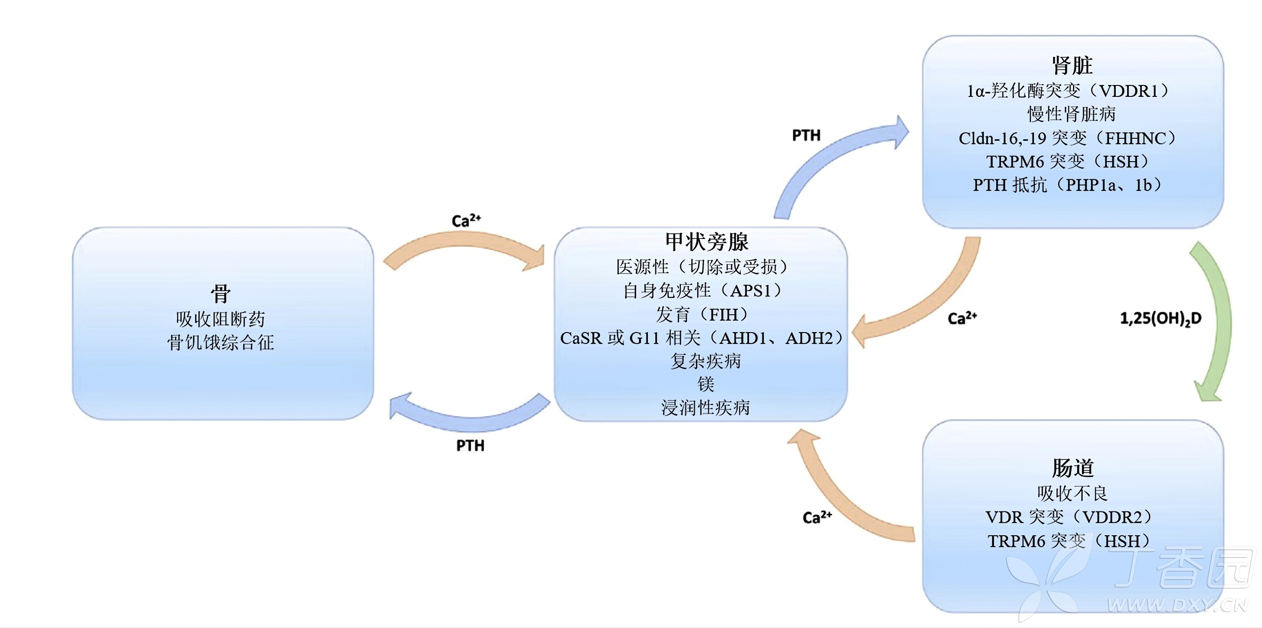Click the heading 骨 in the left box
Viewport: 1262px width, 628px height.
pyautogui.click(x=221, y=294)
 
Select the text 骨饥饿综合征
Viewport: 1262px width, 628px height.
pyautogui.click(x=221, y=342)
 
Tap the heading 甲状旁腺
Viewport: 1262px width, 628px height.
pyautogui.click(x=707, y=242)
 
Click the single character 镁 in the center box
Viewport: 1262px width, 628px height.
pyautogui.click(x=706, y=384)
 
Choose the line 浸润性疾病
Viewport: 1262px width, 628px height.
pyautogui.click(x=705, y=407)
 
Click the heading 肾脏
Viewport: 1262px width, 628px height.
pyautogui.click(x=1072, y=65)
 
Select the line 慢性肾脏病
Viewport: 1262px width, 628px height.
pyautogui.click(x=1071, y=114)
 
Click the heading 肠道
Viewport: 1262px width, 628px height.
pyautogui.click(x=1072, y=468)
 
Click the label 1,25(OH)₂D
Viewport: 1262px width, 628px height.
pyautogui.click(x=1160, y=319)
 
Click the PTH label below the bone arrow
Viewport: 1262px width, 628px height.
pyautogui.click(x=470, y=445)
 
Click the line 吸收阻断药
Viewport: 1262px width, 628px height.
pyautogui.click(x=221, y=319)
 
